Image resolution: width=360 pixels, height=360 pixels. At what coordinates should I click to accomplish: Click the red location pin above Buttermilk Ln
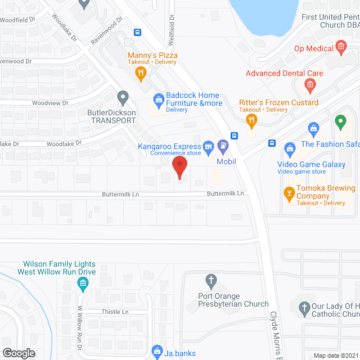(179, 166)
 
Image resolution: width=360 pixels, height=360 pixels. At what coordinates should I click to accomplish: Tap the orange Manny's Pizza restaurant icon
(141, 71)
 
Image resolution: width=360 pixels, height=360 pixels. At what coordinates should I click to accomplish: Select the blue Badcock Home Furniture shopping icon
(159, 102)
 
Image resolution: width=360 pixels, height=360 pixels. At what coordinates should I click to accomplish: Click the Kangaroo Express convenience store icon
(208, 147)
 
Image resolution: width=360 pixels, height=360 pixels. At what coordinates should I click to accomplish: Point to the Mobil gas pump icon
(223, 147)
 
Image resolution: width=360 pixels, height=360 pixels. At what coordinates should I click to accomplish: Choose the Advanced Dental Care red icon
(309, 85)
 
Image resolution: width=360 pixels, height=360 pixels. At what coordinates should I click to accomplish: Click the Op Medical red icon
(340, 46)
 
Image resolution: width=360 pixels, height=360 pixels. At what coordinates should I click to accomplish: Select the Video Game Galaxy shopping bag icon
(290, 149)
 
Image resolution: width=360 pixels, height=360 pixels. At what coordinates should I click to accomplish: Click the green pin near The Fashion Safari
(340, 121)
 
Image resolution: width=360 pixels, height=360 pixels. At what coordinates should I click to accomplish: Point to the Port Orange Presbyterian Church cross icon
(211, 280)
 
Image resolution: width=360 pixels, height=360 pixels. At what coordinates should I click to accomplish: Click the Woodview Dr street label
(50, 103)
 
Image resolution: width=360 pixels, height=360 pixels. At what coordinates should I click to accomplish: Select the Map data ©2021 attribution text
(335, 355)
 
